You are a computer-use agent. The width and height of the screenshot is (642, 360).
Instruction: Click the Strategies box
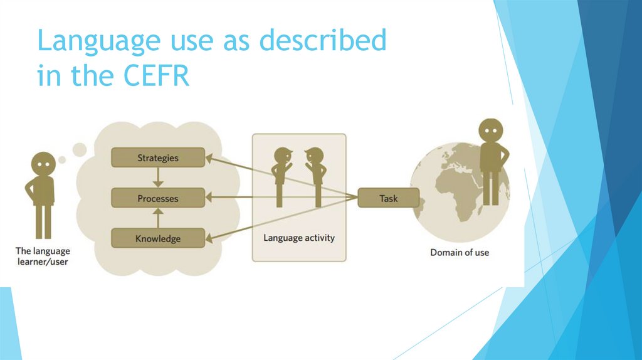[158, 157]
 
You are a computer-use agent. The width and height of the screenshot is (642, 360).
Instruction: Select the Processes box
[158, 198]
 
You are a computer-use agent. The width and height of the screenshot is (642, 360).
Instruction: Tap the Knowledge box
[158, 238]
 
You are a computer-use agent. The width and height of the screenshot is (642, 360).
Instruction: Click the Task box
[388, 198]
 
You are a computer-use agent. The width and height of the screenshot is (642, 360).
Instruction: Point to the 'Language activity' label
[299, 238]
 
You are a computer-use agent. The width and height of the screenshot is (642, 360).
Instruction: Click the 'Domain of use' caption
[460, 252]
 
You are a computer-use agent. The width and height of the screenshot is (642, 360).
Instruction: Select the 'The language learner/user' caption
[42, 257]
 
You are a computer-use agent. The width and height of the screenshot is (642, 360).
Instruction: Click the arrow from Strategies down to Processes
[158, 177]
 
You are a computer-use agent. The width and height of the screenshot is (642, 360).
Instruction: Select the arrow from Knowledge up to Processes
[158, 218]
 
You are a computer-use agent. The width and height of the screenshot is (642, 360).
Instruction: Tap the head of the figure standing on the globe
[491, 130]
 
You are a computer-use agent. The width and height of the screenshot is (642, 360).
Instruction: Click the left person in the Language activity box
[281, 176]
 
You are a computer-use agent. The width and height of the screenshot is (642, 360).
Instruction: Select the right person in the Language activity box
[316, 176]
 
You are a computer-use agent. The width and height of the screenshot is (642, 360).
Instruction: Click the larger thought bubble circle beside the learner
[80, 149]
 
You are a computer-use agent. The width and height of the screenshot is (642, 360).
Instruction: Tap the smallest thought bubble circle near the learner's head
[62, 159]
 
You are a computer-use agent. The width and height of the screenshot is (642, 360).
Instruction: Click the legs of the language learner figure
[43, 221]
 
